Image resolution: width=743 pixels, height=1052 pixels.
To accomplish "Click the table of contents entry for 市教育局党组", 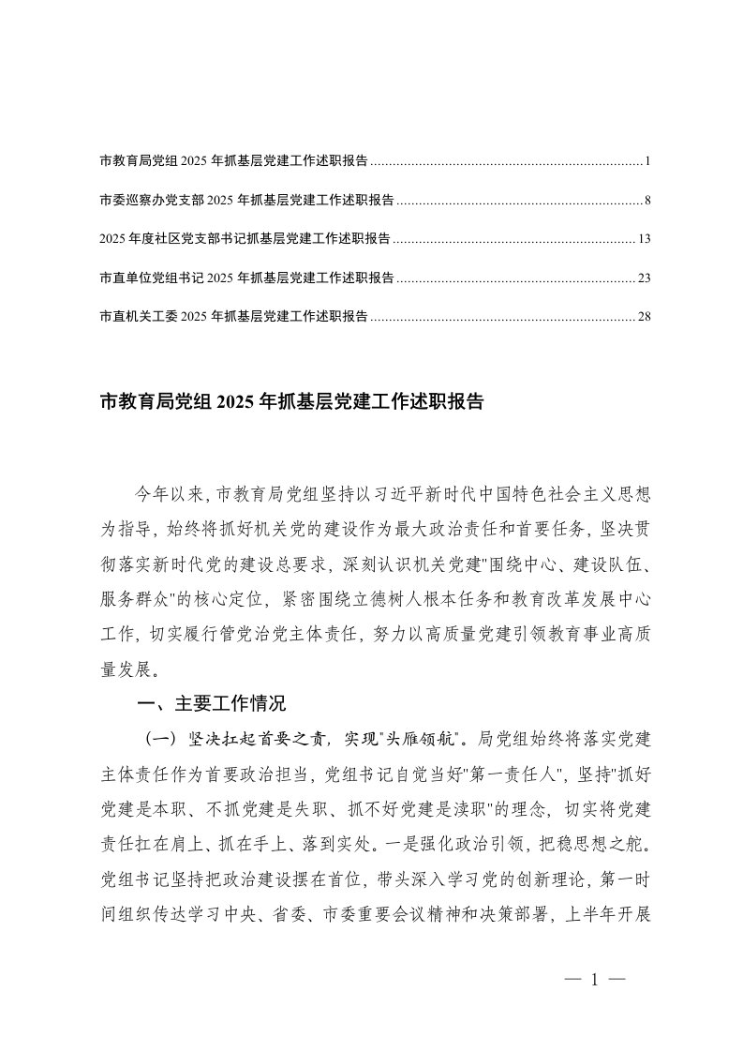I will pyautogui.click(x=233, y=162).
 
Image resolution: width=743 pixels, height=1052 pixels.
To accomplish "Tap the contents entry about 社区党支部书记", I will pyautogui.click(x=245, y=239).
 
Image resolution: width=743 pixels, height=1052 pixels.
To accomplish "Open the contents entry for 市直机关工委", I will pyautogui.click(x=233, y=316).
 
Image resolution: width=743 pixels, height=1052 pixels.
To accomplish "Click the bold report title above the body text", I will pyautogui.click(x=291, y=403).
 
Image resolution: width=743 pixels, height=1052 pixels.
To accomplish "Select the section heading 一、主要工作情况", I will pyautogui.click(x=211, y=704).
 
